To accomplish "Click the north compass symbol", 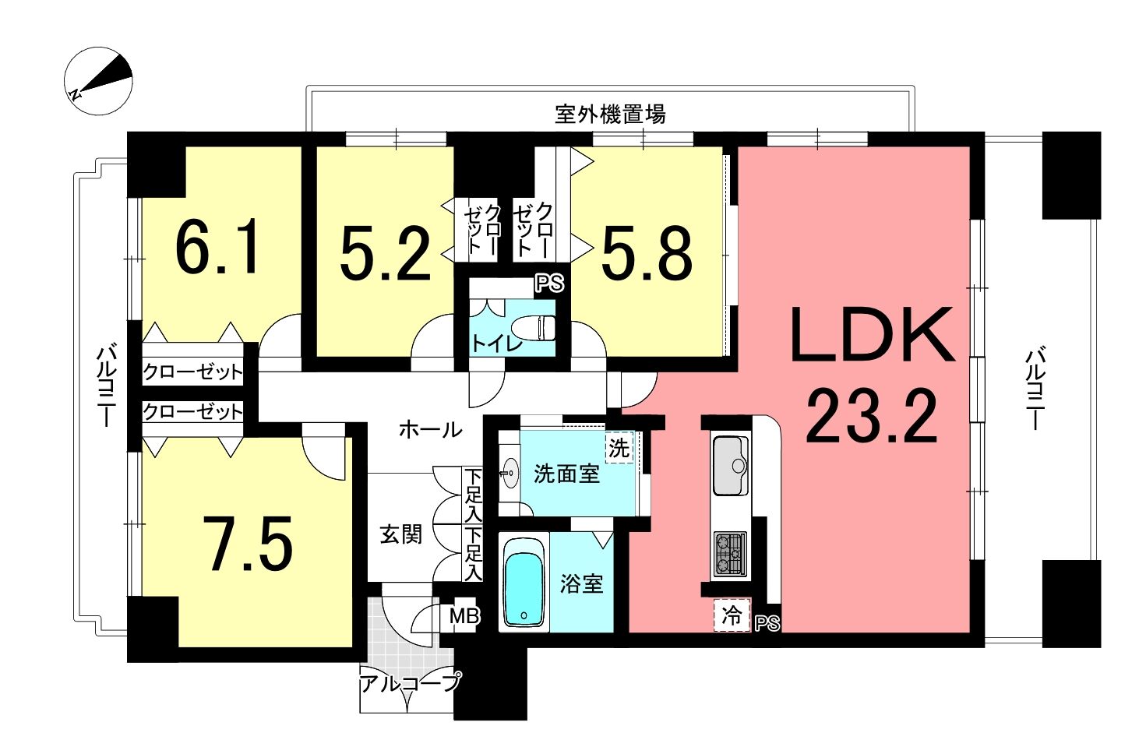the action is (x=98, y=81).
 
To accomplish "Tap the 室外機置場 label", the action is (x=610, y=114).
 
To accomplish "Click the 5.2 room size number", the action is (x=385, y=254).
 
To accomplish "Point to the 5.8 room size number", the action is (x=647, y=254).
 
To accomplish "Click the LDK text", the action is (x=872, y=334).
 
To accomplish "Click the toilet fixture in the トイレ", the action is (x=534, y=327).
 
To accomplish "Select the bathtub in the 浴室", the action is (x=524, y=583).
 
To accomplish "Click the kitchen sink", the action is (x=731, y=466).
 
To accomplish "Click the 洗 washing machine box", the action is (x=619, y=449).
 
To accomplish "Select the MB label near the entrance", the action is (x=464, y=616).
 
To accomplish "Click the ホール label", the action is (x=430, y=430).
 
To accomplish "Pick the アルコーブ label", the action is (x=411, y=683).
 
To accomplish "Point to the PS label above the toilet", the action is (x=549, y=283).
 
